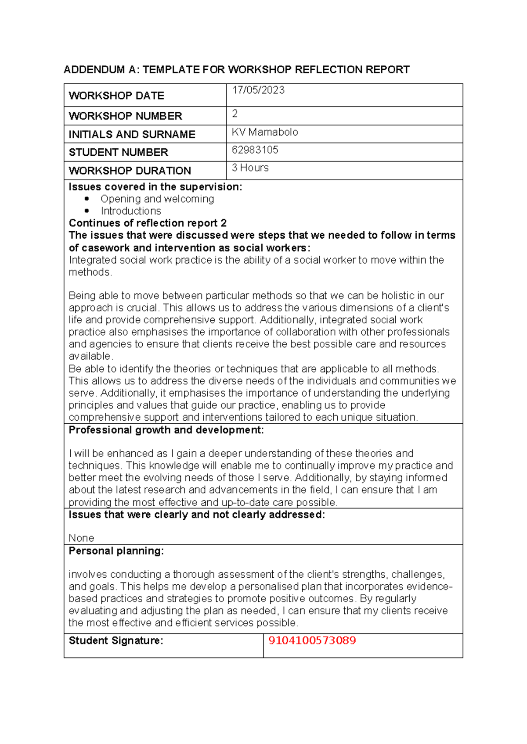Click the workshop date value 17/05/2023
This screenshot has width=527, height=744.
(258, 90)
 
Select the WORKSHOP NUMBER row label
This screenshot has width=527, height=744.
(125, 116)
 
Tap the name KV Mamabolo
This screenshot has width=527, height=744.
(265, 132)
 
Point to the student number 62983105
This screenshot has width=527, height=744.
(255, 150)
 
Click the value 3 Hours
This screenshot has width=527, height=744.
(250, 168)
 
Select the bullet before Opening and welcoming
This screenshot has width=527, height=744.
(87, 199)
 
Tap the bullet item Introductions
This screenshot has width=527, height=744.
(130, 211)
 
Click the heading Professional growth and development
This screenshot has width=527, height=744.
(166, 430)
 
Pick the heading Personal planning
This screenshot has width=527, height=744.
(116, 551)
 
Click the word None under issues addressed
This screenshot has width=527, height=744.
(81, 538)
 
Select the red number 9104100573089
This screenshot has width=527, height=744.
(312, 640)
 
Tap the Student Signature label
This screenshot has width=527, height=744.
(116, 641)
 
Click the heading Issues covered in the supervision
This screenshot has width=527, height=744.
(155, 187)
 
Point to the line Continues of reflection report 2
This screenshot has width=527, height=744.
(148, 223)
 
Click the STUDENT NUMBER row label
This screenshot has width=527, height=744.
(118, 153)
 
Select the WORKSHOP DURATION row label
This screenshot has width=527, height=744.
(130, 171)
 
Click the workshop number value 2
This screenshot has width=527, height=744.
(235, 114)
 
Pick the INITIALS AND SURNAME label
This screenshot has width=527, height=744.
(132, 135)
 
